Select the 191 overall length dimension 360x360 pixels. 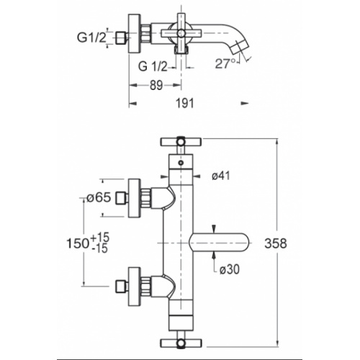pyautogui.click(x=185, y=103)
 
